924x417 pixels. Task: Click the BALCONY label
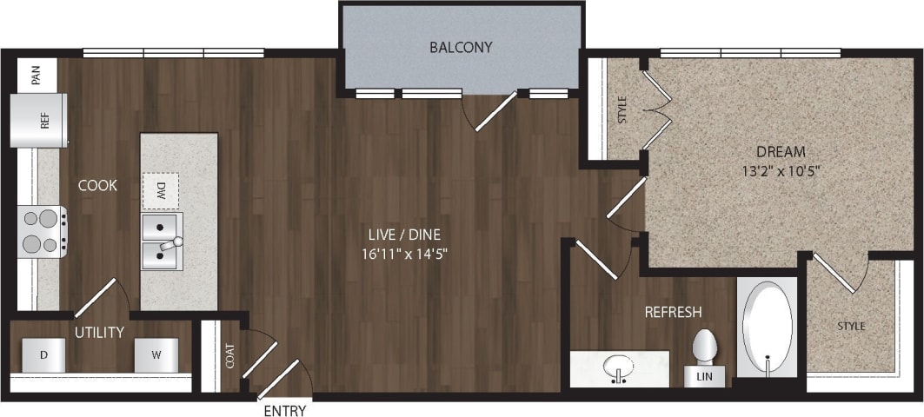(x=461, y=47)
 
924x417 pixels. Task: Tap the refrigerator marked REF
(x=37, y=121)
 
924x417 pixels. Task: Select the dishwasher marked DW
(x=161, y=189)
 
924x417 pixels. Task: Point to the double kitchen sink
(x=162, y=241)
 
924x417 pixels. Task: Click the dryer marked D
(x=44, y=354)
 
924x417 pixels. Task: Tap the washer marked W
(x=156, y=354)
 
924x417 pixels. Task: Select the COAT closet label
(x=229, y=356)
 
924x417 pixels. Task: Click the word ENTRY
(x=284, y=410)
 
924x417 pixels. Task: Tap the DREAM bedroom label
(x=780, y=150)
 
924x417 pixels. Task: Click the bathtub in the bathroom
(x=768, y=327)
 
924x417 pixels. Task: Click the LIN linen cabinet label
(x=704, y=377)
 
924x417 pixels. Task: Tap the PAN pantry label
(x=36, y=76)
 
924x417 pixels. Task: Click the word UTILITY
(x=98, y=332)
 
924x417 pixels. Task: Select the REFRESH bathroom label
(x=673, y=312)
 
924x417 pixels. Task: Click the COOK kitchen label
(x=97, y=185)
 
